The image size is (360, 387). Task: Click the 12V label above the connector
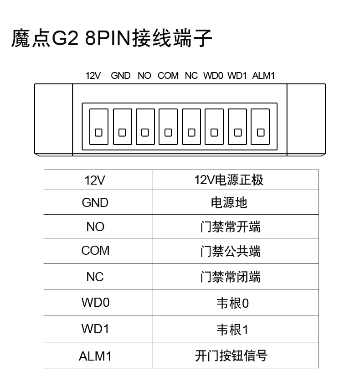click(93, 76)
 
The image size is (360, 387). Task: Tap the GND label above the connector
click(121, 76)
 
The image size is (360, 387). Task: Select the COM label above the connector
click(168, 76)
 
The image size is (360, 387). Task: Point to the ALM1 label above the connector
click(263, 76)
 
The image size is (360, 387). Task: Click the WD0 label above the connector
click(213, 76)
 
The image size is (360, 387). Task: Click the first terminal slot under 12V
click(99, 127)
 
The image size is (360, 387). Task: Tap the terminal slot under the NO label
click(145, 127)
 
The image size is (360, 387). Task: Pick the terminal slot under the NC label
click(191, 127)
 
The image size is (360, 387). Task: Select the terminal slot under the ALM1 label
click(260, 127)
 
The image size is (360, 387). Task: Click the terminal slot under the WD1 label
click(237, 127)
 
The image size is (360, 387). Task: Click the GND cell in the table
click(98, 202)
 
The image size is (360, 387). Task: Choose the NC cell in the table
click(98, 276)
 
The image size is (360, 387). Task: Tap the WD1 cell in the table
click(98, 329)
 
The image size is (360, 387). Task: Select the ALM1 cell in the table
click(98, 355)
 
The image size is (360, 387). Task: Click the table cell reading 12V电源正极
click(236, 180)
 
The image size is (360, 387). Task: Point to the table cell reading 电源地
click(236, 202)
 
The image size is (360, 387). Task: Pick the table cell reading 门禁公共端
click(236, 251)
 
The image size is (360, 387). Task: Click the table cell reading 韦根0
click(236, 302)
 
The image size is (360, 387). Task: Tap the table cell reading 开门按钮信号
click(236, 355)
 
